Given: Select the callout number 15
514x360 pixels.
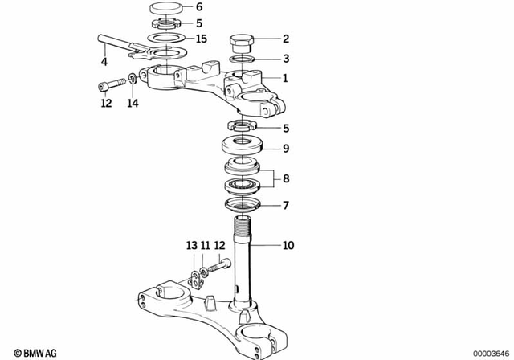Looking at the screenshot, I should pyautogui.click(x=201, y=39).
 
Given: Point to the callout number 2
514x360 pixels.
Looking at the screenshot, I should pyautogui.click(x=284, y=38).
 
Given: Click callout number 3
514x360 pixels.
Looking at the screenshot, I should pyautogui.click(x=284, y=59).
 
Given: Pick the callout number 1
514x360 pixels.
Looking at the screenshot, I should pyautogui.click(x=284, y=79).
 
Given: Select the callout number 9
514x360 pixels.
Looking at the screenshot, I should pyautogui.click(x=284, y=149).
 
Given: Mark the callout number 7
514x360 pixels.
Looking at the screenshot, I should pyautogui.click(x=284, y=206).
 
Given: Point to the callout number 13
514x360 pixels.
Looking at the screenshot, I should pyautogui.click(x=191, y=244).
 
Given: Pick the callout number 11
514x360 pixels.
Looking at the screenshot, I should pyautogui.click(x=205, y=244).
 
